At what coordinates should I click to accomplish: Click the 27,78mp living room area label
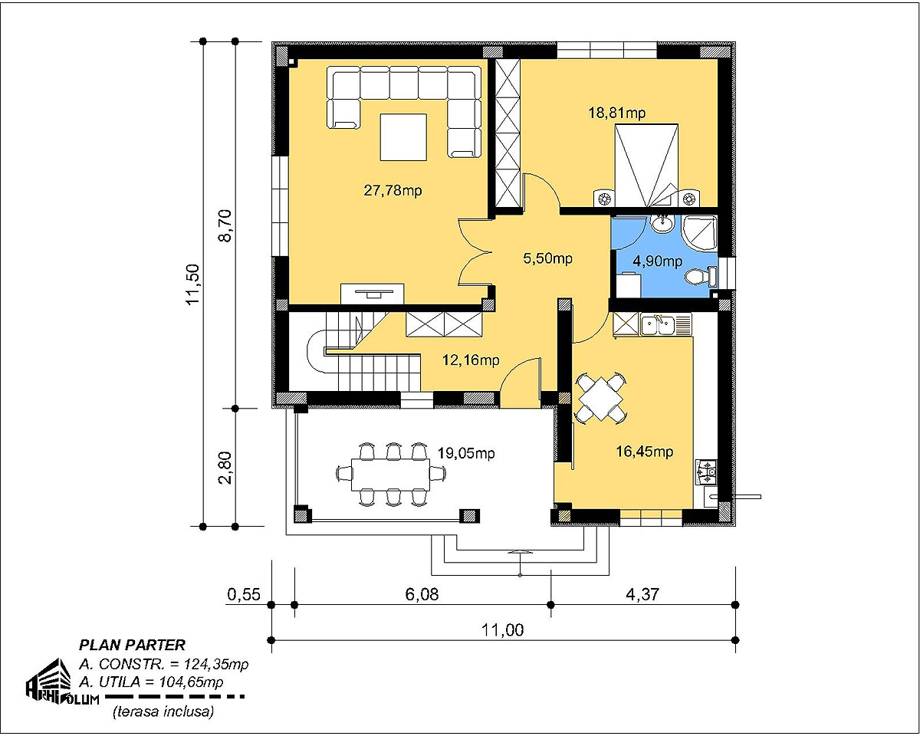(393, 190)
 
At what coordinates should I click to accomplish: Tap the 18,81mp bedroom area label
(617, 113)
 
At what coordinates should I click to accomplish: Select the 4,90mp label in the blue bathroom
(657, 261)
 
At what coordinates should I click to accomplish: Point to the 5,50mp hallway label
(547, 258)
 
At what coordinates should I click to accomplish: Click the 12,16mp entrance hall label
(471, 360)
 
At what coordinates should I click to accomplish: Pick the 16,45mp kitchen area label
(644, 451)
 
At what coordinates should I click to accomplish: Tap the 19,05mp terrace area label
(466, 453)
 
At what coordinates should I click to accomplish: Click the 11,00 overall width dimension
(502, 630)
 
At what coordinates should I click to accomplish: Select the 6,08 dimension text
(422, 594)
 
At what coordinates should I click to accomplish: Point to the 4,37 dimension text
(642, 594)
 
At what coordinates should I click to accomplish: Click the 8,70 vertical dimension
(225, 225)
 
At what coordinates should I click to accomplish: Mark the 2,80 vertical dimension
(225, 468)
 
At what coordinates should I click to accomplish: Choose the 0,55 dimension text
(244, 594)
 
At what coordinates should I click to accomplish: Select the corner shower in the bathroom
(699, 232)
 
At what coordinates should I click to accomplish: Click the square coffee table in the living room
(403, 137)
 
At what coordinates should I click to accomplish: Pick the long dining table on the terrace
(391, 475)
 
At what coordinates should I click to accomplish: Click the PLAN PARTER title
(132, 645)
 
